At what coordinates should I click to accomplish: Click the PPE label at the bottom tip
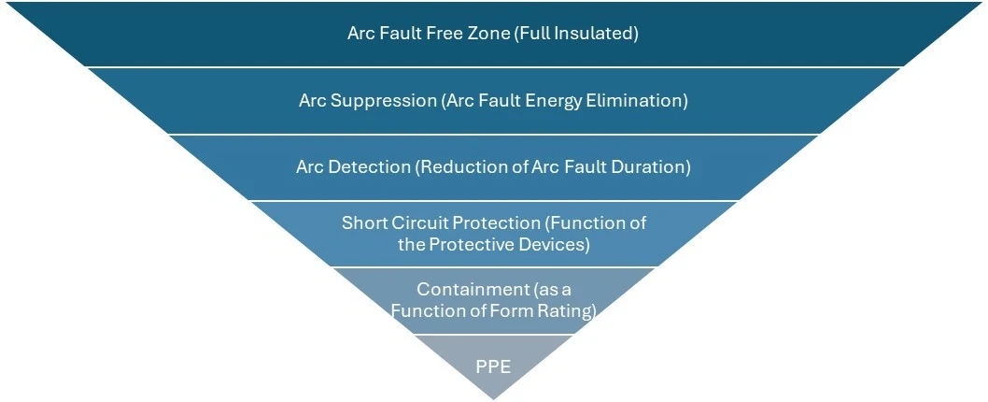(493, 366)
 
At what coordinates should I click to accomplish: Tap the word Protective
(477, 245)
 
